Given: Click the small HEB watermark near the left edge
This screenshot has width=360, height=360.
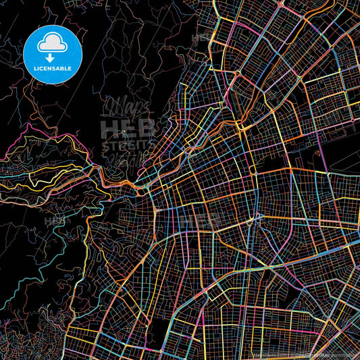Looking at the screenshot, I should (x=55, y=221).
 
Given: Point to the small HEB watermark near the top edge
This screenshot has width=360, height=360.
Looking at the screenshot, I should (x=203, y=38).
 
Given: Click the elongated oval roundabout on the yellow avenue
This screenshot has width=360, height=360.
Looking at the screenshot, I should (x=251, y=169).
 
